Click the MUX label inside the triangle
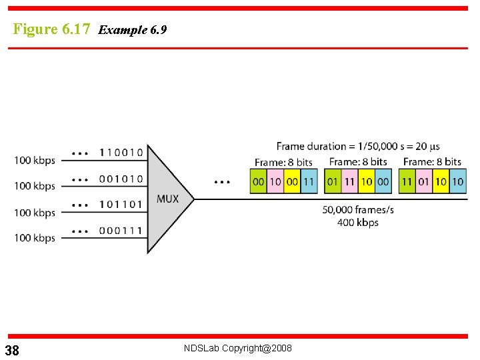click(x=167, y=199)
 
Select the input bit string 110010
click(x=121, y=153)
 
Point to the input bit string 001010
click(x=121, y=179)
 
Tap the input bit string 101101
click(x=121, y=205)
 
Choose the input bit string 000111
click(x=121, y=230)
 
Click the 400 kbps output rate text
click(x=358, y=222)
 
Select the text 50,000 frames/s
click(x=358, y=209)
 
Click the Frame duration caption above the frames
click(x=358, y=147)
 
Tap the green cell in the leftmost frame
click(x=258, y=181)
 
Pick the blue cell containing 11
click(x=309, y=181)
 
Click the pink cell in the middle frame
click(x=349, y=181)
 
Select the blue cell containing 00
click(x=383, y=181)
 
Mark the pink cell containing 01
click(x=423, y=181)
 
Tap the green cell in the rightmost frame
click(x=407, y=181)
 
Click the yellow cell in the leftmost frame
click(x=292, y=181)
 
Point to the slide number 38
click(x=12, y=351)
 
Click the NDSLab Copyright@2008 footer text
click(x=238, y=348)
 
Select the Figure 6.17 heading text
click(x=51, y=29)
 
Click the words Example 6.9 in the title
click(x=132, y=30)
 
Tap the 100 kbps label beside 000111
click(x=35, y=238)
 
